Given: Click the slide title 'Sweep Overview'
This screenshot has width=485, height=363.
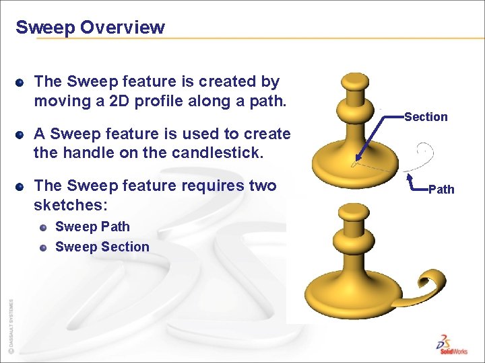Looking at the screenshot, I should [x=90, y=28].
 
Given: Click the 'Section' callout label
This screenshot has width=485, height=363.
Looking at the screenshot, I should [x=426, y=117].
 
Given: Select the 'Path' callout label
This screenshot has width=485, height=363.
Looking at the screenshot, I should [x=441, y=190].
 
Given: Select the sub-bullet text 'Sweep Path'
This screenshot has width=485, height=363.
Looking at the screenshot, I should [x=92, y=227].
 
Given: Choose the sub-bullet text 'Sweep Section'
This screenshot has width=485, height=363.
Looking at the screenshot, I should [x=102, y=247].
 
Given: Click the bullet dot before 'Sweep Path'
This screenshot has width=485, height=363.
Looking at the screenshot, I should [x=42, y=228].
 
